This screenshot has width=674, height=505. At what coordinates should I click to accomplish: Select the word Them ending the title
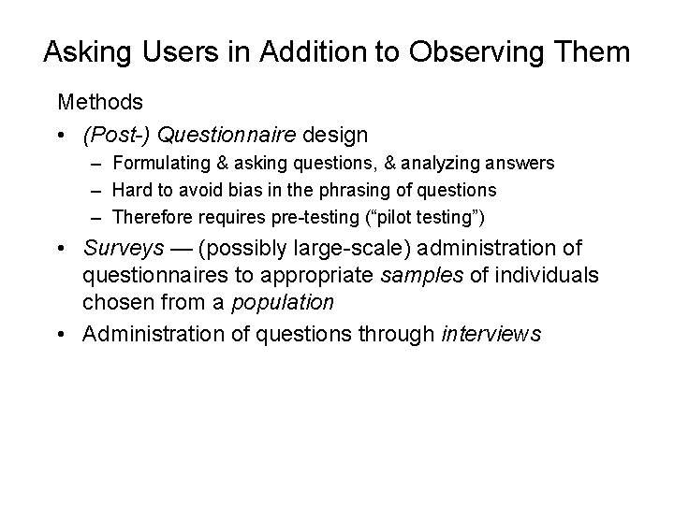coord(596,50)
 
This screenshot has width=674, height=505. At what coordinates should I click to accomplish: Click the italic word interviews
coord(491,335)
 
